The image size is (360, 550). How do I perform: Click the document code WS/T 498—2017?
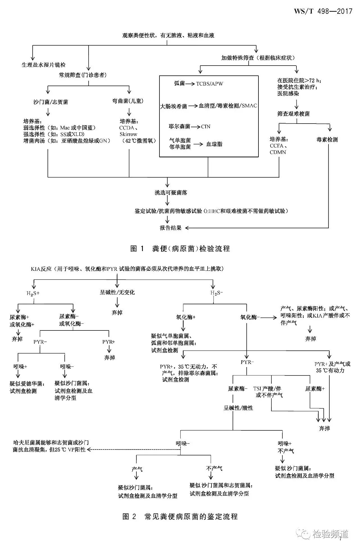pyautogui.click(x=323, y=11)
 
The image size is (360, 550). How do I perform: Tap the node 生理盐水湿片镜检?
pyautogui.click(x=44, y=65)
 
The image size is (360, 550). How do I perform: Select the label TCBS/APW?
pyautogui.click(x=210, y=84)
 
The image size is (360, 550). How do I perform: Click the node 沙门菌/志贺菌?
pyautogui.click(x=51, y=102)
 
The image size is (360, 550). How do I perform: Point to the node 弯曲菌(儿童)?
pyautogui.click(x=128, y=101)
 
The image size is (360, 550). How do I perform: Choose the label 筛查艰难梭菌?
pyautogui.click(x=293, y=114)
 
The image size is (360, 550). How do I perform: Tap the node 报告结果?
pyautogui.click(x=170, y=228)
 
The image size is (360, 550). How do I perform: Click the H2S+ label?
pyautogui.click(x=33, y=293)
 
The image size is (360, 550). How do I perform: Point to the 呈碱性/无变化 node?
pyautogui.click(x=117, y=292)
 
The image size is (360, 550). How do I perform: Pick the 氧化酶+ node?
pyautogui.click(x=186, y=317)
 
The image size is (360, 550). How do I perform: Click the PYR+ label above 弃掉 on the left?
pyautogui.click(x=109, y=342)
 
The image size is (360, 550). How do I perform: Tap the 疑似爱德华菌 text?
pyautogui.click(x=26, y=384)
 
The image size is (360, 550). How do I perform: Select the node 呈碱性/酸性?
pyautogui.click(x=238, y=408)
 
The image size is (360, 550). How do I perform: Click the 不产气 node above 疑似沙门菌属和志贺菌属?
pyautogui.click(x=214, y=468)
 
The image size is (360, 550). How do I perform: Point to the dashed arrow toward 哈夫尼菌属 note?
pyautogui.click(x=132, y=450)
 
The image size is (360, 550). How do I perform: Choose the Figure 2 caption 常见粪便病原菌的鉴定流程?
pyautogui.click(x=180, y=517)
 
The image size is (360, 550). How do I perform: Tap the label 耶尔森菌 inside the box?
pyautogui.click(x=179, y=127)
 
